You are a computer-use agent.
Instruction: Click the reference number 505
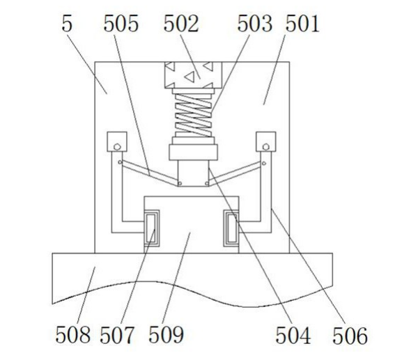[x=121, y=23]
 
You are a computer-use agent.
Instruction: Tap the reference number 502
[x=181, y=23]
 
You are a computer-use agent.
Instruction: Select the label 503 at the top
[x=254, y=23]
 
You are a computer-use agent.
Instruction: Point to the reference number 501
[x=302, y=23]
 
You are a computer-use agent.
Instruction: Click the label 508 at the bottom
[x=73, y=334]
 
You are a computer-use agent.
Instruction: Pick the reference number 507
[x=117, y=334]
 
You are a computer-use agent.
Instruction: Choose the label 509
[x=166, y=334]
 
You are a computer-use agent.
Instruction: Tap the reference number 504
[x=293, y=335]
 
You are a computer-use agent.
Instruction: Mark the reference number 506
[x=350, y=335]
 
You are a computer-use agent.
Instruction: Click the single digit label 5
[x=67, y=23]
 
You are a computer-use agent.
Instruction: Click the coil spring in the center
[x=193, y=115]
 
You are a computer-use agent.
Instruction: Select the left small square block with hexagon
[x=117, y=141]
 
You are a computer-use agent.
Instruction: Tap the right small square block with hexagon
[x=266, y=141]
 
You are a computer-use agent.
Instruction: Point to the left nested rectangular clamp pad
[x=151, y=228]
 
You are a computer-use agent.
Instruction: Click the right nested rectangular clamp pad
[x=231, y=228]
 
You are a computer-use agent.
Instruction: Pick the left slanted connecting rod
[x=150, y=173]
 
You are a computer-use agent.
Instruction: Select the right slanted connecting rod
[x=236, y=173]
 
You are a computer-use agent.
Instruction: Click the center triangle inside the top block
[x=190, y=77]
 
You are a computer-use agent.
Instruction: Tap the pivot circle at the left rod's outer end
[x=120, y=162]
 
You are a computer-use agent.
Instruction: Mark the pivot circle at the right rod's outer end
[x=264, y=163]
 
